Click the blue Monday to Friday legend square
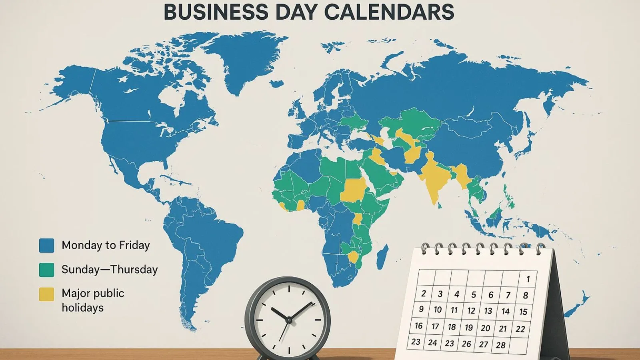46,245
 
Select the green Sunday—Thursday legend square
46,270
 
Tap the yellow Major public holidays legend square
46,294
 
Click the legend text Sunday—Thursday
110,270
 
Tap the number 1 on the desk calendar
528,279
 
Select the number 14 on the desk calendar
506,311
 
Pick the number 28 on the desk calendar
501,345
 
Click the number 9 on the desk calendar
421,309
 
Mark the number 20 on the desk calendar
486,328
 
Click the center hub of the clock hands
288,319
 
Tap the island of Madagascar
383,256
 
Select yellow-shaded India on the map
434,176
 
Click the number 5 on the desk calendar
474,295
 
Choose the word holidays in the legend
82,308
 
